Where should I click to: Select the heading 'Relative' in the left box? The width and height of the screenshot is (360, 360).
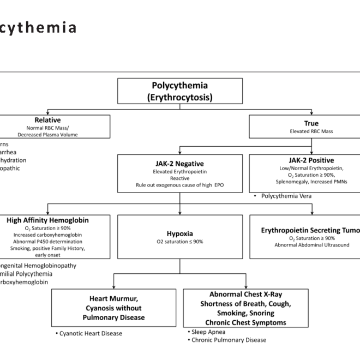click(x=47, y=120)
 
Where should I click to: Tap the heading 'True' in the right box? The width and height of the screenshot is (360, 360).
click(x=311, y=123)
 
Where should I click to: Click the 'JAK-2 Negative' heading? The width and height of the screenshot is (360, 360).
click(x=181, y=162)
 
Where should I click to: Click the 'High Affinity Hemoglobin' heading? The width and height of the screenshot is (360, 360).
click(x=48, y=220)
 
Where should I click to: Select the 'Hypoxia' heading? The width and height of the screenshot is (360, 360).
click(x=180, y=233)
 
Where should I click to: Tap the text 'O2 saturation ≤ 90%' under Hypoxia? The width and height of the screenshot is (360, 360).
click(x=180, y=241)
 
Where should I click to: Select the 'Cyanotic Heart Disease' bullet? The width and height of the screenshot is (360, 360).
click(x=91, y=333)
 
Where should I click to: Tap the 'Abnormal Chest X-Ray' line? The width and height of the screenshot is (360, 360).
click(x=242, y=294)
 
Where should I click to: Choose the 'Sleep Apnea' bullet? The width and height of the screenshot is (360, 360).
click(x=209, y=331)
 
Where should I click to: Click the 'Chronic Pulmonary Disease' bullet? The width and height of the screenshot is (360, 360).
click(x=229, y=340)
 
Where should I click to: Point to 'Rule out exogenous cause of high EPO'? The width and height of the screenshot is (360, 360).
click(x=180, y=185)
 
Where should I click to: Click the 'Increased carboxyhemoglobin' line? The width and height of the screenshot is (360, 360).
click(x=48, y=235)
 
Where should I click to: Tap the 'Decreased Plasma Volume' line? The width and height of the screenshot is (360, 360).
click(x=47, y=134)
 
